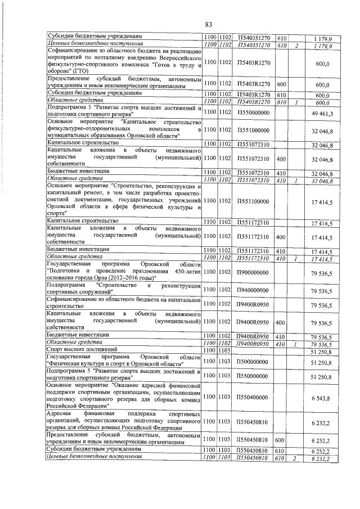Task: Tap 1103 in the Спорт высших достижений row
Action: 226,350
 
